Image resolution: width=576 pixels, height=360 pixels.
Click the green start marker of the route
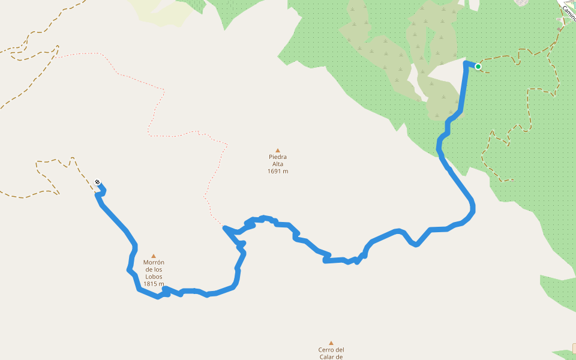coord(478,66)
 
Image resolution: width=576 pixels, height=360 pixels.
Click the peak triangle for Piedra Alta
coord(278,151)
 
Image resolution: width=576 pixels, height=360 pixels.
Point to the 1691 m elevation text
coord(278,172)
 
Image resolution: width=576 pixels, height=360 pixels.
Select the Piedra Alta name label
coord(278,161)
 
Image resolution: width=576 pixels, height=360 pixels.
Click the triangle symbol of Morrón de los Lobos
coord(154,256)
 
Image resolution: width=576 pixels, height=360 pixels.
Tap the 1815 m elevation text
coord(154,284)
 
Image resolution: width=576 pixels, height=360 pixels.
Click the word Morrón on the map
coord(154,263)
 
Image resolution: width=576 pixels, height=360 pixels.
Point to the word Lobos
coord(154,277)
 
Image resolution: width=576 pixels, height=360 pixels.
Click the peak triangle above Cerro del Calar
coord(331,343)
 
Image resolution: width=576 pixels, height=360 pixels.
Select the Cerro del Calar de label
coord(331,353)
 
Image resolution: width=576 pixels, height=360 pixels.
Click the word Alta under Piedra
coord(278,164)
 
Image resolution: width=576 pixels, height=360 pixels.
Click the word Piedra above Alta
coord(278,157)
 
